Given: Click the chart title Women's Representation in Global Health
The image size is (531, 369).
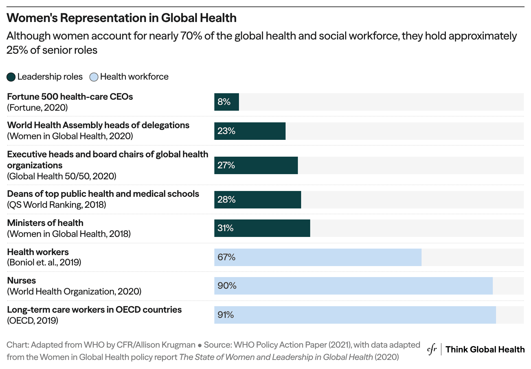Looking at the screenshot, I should coord(121,18).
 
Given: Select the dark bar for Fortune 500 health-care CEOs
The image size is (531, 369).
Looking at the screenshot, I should coord(226,102).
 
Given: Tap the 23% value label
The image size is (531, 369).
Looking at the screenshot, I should coord(226,131).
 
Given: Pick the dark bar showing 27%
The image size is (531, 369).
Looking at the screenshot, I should coord(256,165).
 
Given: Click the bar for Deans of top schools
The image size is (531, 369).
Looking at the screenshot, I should coord(257,200).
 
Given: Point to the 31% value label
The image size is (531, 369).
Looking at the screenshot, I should coord(225,228).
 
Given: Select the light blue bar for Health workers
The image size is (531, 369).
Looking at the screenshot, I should coord(318,257).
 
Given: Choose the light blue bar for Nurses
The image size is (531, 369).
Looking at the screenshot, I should coord(353,286).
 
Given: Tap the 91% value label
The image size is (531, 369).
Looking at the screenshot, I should coord(225,315).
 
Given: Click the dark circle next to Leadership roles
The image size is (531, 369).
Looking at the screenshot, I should coord(11,77).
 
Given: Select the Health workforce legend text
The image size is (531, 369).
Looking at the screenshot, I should coord(134,77).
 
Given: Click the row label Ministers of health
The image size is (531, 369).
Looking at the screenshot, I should coord(45,223).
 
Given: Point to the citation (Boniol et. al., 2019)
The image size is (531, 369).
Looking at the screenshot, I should coord(44,262).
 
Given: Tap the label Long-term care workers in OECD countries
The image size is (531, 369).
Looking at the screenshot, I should coord(94,310).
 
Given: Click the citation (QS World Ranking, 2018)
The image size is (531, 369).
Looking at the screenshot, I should coord(56,205).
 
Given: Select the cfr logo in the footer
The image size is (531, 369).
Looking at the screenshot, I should coord(432,350).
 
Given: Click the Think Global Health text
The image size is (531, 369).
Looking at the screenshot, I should coord(485,350).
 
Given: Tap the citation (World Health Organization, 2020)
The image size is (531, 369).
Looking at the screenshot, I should coord(74,292).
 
